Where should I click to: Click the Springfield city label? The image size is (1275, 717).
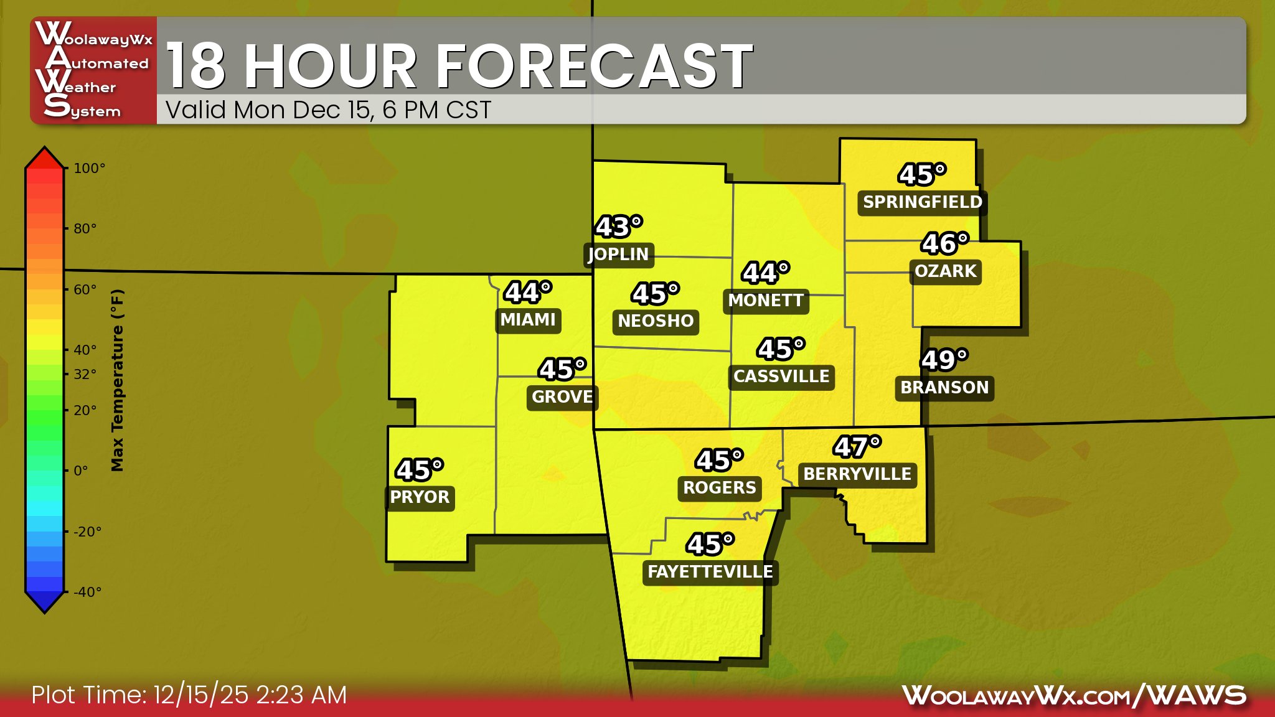tap(922, 202)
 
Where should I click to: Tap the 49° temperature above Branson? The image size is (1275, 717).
tap(944, 360)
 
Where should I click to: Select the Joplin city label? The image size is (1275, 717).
tap(618, 254)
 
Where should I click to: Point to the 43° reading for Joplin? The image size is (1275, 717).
tap(618, 227)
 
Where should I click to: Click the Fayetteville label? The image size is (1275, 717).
tap(710, 572)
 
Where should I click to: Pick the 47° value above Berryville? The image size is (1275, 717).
tap(857, 447)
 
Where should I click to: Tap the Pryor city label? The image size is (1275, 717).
tap(420, 497)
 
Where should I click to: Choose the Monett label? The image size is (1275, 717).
tap(766, 301)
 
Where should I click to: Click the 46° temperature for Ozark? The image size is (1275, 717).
tap(944, 244)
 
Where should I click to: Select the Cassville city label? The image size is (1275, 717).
tap(781, 377)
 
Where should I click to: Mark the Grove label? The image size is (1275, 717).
tap(562, 396)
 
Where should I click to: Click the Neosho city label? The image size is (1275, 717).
tap(656, 321)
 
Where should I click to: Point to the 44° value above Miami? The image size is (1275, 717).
tap(528, 293)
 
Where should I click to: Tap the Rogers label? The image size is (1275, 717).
tap(720, 488)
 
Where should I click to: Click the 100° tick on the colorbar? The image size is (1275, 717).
tap(89, 169)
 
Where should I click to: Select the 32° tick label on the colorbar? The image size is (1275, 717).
tap(85, 374)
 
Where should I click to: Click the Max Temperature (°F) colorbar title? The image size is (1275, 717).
tap(117, 380)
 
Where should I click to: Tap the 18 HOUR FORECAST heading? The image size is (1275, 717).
tap(459, 66)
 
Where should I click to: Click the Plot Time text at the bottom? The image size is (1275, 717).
tap(189, 695)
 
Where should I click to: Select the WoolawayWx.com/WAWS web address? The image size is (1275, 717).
tap(1074, 695)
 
